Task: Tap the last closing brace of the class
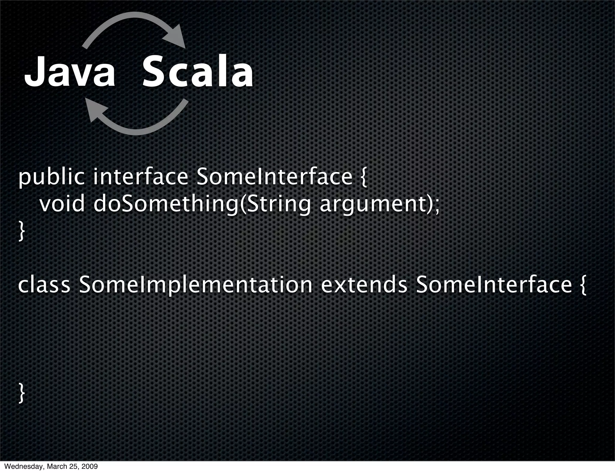coord(21,393)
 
